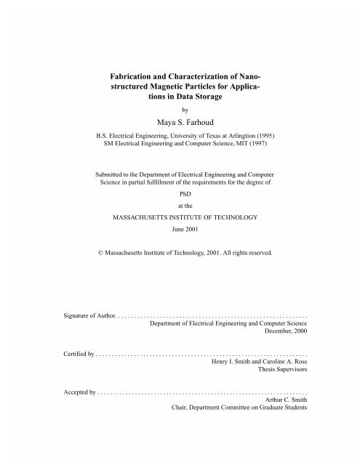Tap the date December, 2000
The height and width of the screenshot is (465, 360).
(288, 336)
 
